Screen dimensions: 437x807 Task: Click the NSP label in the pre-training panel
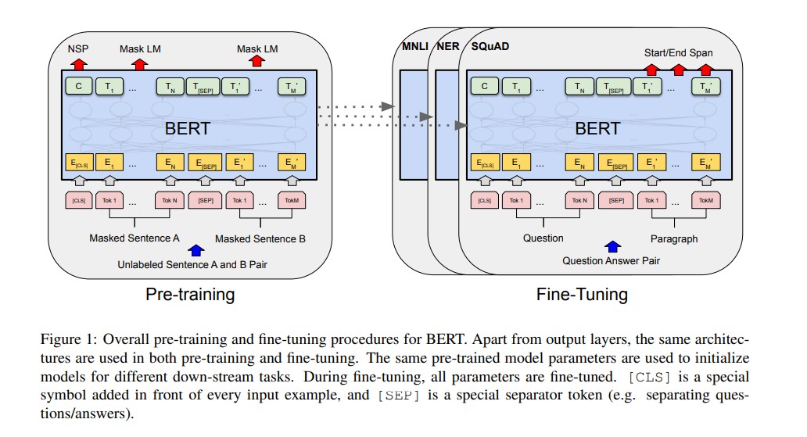click(77, 48)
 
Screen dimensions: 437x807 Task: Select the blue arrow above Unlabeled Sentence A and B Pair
click(196, 250)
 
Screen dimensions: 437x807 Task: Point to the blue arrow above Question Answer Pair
click(613, 248)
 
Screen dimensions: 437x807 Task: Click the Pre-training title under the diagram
click(190, 295)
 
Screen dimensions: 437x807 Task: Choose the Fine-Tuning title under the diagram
click(581, 295)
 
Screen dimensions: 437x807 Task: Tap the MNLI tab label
click(413, 46)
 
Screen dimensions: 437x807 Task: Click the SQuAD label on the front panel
click(487, 46)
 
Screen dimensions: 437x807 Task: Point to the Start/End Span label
click(678, 52)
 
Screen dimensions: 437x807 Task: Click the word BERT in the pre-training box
click(188, 128)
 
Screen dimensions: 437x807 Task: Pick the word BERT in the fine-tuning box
click(597, 128)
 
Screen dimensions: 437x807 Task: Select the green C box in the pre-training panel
click(77, 87)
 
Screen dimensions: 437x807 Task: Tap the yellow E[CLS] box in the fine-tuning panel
click(486, 163)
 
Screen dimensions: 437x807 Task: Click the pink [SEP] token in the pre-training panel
click(206, 200)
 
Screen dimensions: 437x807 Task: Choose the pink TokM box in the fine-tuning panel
click(706, 200)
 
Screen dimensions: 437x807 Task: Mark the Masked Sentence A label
click(134, 238)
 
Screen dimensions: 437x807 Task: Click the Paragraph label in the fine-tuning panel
click(673, 238)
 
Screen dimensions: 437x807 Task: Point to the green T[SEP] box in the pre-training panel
click(203, 87)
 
